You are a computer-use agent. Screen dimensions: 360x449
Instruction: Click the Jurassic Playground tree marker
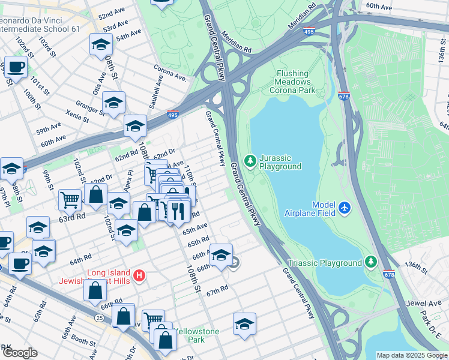point(250,161)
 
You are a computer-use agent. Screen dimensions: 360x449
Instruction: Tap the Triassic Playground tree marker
point(371,262)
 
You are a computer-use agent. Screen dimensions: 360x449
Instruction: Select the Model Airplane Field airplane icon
point(345,208)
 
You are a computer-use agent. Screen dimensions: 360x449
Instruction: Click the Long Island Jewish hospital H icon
point(139,276)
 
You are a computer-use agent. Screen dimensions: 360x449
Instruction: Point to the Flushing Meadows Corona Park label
point(295,82)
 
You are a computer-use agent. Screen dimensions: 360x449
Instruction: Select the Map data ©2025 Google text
point(411,355)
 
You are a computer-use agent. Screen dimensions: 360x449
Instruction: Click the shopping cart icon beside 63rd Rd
point(70,199)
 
